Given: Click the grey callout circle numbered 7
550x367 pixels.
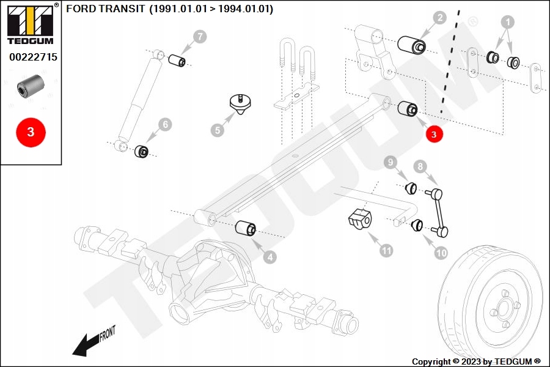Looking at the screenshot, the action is (x=200, y=37).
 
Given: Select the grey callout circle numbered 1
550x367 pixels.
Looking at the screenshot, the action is (x=506, y=23).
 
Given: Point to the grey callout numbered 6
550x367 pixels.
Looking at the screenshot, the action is (x=166, y=125).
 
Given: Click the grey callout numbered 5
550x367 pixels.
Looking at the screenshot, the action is (x=218, y=130).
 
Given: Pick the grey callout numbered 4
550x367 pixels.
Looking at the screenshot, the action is (x=269, y=258).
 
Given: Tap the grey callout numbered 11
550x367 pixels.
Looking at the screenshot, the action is (x=386, y=250).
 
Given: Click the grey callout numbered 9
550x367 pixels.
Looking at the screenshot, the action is (x=391, y=162).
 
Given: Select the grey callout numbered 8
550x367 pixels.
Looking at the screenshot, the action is (x=420, y=166).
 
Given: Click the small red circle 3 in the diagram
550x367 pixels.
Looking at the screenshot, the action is (x=433, y=135).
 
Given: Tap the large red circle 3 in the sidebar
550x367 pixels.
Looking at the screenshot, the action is (x=31, y=132).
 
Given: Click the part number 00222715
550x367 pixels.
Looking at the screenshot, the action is (x=33, y=57).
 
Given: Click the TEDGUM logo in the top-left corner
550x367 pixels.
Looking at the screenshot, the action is (x=31, y=24).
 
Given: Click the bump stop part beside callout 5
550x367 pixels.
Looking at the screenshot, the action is (x=241, y=104).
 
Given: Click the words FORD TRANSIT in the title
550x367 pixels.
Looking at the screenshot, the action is (x=105, y=9).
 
